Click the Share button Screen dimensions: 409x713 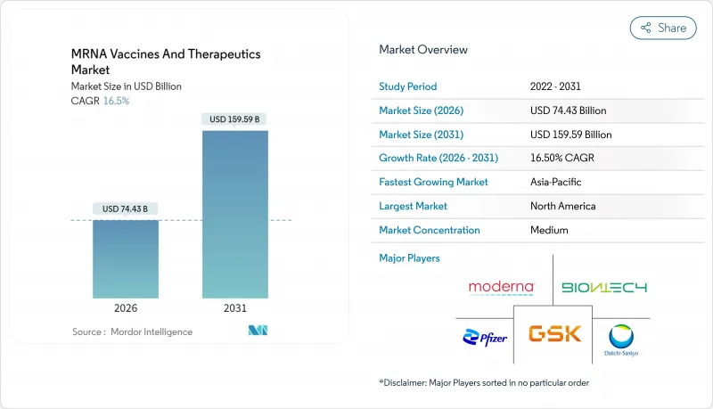click(x=663, y=28)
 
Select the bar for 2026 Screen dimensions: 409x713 click(x=126, y=258)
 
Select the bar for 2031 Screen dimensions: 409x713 click(x=234, y=214)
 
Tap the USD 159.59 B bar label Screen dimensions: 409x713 click(x=234, y=119)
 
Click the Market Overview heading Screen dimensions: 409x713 click(x=423, y=50)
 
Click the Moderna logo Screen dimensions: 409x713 click(x=502, y=288)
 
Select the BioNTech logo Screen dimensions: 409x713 click(x=603, y=288)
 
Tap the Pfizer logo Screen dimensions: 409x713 click(x=485, y=337)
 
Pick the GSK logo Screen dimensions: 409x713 click(x=553, y=334)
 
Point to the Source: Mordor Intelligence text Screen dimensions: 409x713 click(x=132, y=331)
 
